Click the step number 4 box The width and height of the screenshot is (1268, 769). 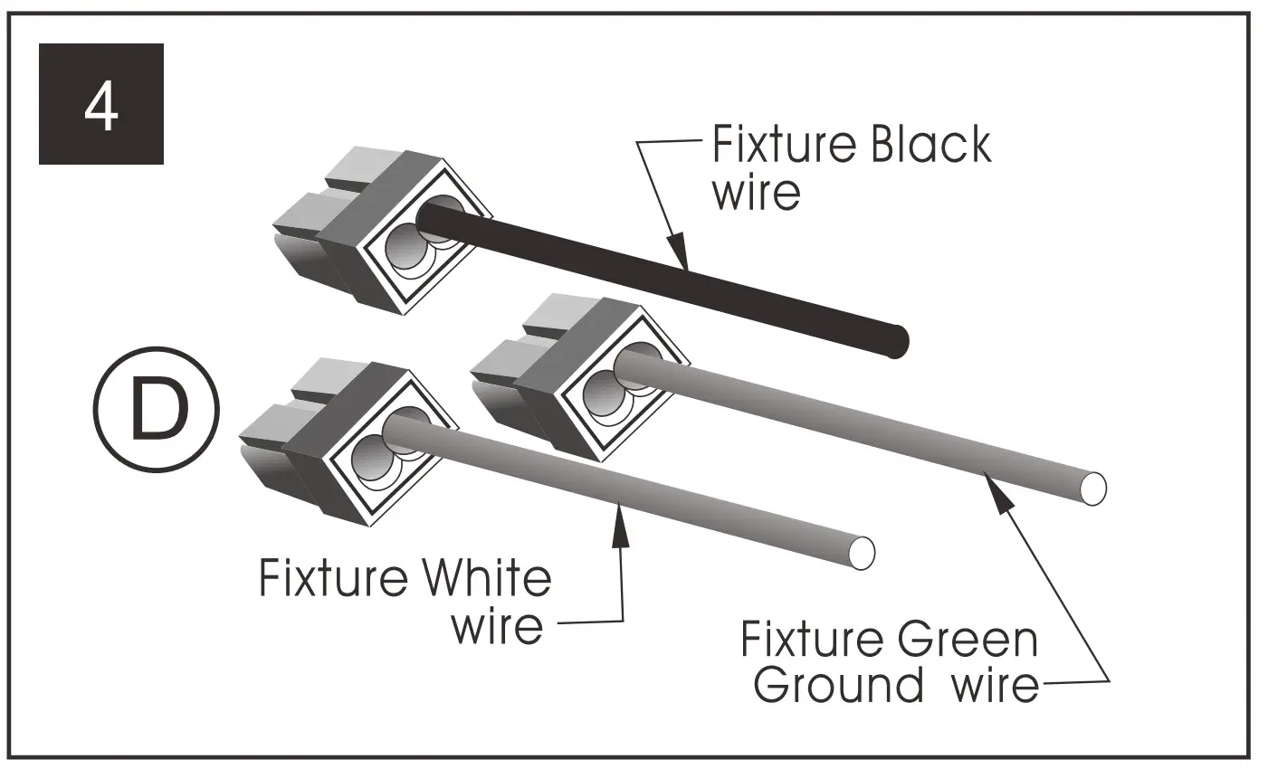pos(100,104)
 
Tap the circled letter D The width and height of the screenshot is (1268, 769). pos(156,412)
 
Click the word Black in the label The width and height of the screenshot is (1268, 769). pos(930,146)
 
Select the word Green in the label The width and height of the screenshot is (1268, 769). pos(968,639)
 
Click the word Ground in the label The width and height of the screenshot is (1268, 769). pos(838,685)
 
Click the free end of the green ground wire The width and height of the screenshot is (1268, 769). pos(1092,489)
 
